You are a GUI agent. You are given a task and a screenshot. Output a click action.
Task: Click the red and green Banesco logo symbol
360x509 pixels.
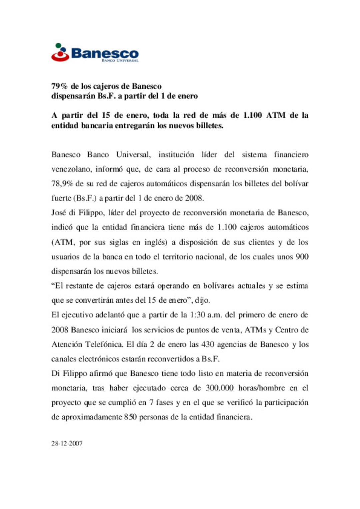tap(60, 52)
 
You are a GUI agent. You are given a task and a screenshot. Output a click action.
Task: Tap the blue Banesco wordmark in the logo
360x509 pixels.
tap(105, 53)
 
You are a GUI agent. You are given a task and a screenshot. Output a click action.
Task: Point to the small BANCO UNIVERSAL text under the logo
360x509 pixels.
tap(120, 61)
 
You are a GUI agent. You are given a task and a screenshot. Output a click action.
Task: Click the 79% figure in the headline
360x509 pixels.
tap(59, 86)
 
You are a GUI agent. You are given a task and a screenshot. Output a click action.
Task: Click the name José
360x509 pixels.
tap(59, 213)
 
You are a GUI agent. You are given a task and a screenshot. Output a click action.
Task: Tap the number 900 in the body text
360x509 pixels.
tap(302, 256)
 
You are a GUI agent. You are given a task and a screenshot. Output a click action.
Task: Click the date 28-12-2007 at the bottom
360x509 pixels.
tap(67, 443)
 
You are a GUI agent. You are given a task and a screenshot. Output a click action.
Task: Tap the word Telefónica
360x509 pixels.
tap(104, 344)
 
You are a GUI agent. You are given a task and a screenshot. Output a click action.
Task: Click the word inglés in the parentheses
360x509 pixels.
tap(155, 242)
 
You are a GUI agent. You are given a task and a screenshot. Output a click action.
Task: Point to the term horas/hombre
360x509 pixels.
tap(261, 388)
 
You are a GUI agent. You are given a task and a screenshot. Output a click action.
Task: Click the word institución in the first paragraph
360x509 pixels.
tap(176, 155)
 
